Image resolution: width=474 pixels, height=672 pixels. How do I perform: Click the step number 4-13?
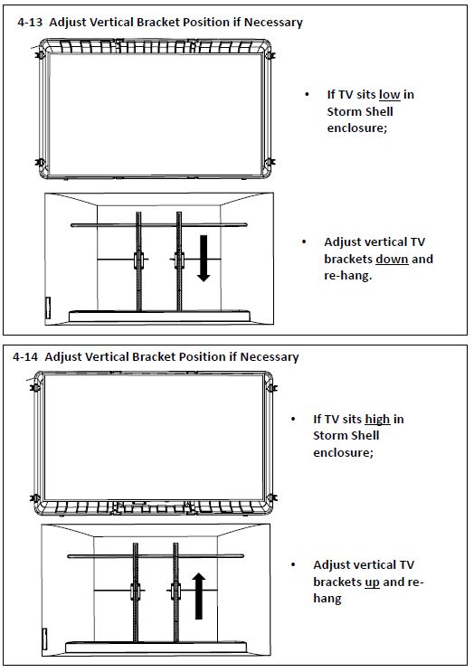[30, 23]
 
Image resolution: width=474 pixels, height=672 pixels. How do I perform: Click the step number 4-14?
[25, 357]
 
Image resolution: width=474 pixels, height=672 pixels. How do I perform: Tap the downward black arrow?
[204, 258]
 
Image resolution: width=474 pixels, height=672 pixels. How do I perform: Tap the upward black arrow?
[198, 596]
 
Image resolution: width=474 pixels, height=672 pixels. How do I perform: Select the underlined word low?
[390, 94]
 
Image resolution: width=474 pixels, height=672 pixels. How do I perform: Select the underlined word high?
[377, 419]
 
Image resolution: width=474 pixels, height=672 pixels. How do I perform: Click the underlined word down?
[392, 259]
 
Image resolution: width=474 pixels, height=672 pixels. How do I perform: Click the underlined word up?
[372, 582]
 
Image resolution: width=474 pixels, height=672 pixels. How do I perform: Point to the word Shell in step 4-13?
[378, 111]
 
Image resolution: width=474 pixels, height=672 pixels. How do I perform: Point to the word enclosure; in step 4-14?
[343, 452]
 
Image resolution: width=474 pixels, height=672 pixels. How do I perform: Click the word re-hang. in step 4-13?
[348, 276]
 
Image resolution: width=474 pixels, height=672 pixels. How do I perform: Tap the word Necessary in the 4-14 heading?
[270, 357]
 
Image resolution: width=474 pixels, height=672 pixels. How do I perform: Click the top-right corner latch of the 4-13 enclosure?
[270, 55]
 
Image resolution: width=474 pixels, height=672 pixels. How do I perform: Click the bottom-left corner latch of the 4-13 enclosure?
[40, 163]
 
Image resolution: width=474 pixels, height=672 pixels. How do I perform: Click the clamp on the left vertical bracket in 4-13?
[138, 260]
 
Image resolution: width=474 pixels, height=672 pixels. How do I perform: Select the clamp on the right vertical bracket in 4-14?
[175, 592]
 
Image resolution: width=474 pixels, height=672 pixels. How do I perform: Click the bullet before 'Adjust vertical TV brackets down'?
[304, 242]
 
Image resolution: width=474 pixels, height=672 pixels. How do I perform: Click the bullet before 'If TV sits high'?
[293, 419]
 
